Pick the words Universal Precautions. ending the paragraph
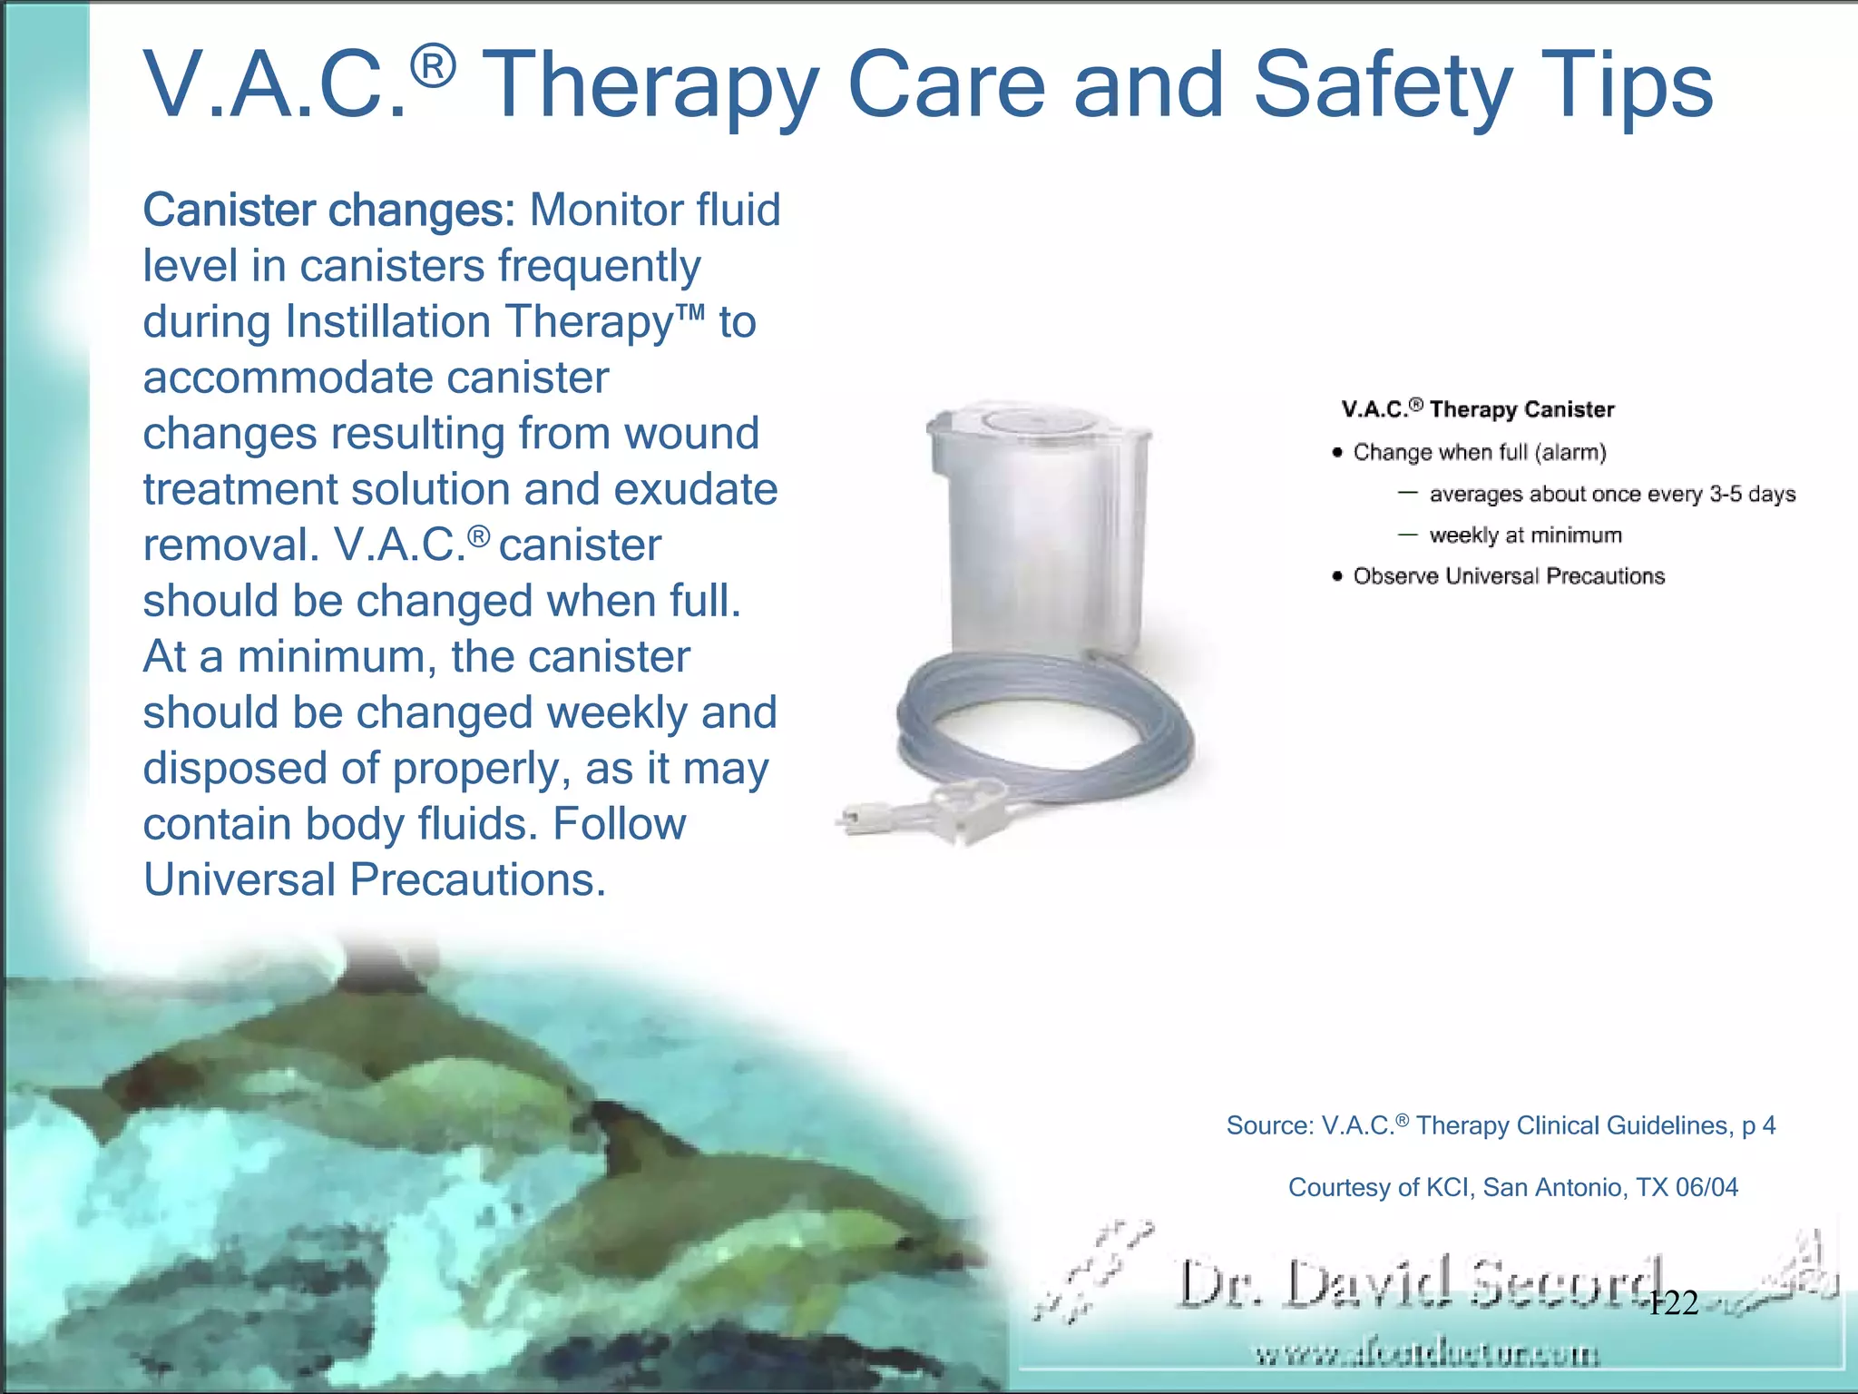(374, 879)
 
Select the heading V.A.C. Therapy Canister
(1478, 409)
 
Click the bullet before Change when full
(1337, 453)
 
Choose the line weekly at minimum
(1525, 535)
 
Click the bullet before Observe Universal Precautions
(1337, 576)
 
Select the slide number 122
(1673, 1304)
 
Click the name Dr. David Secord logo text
(1415, 1282)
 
